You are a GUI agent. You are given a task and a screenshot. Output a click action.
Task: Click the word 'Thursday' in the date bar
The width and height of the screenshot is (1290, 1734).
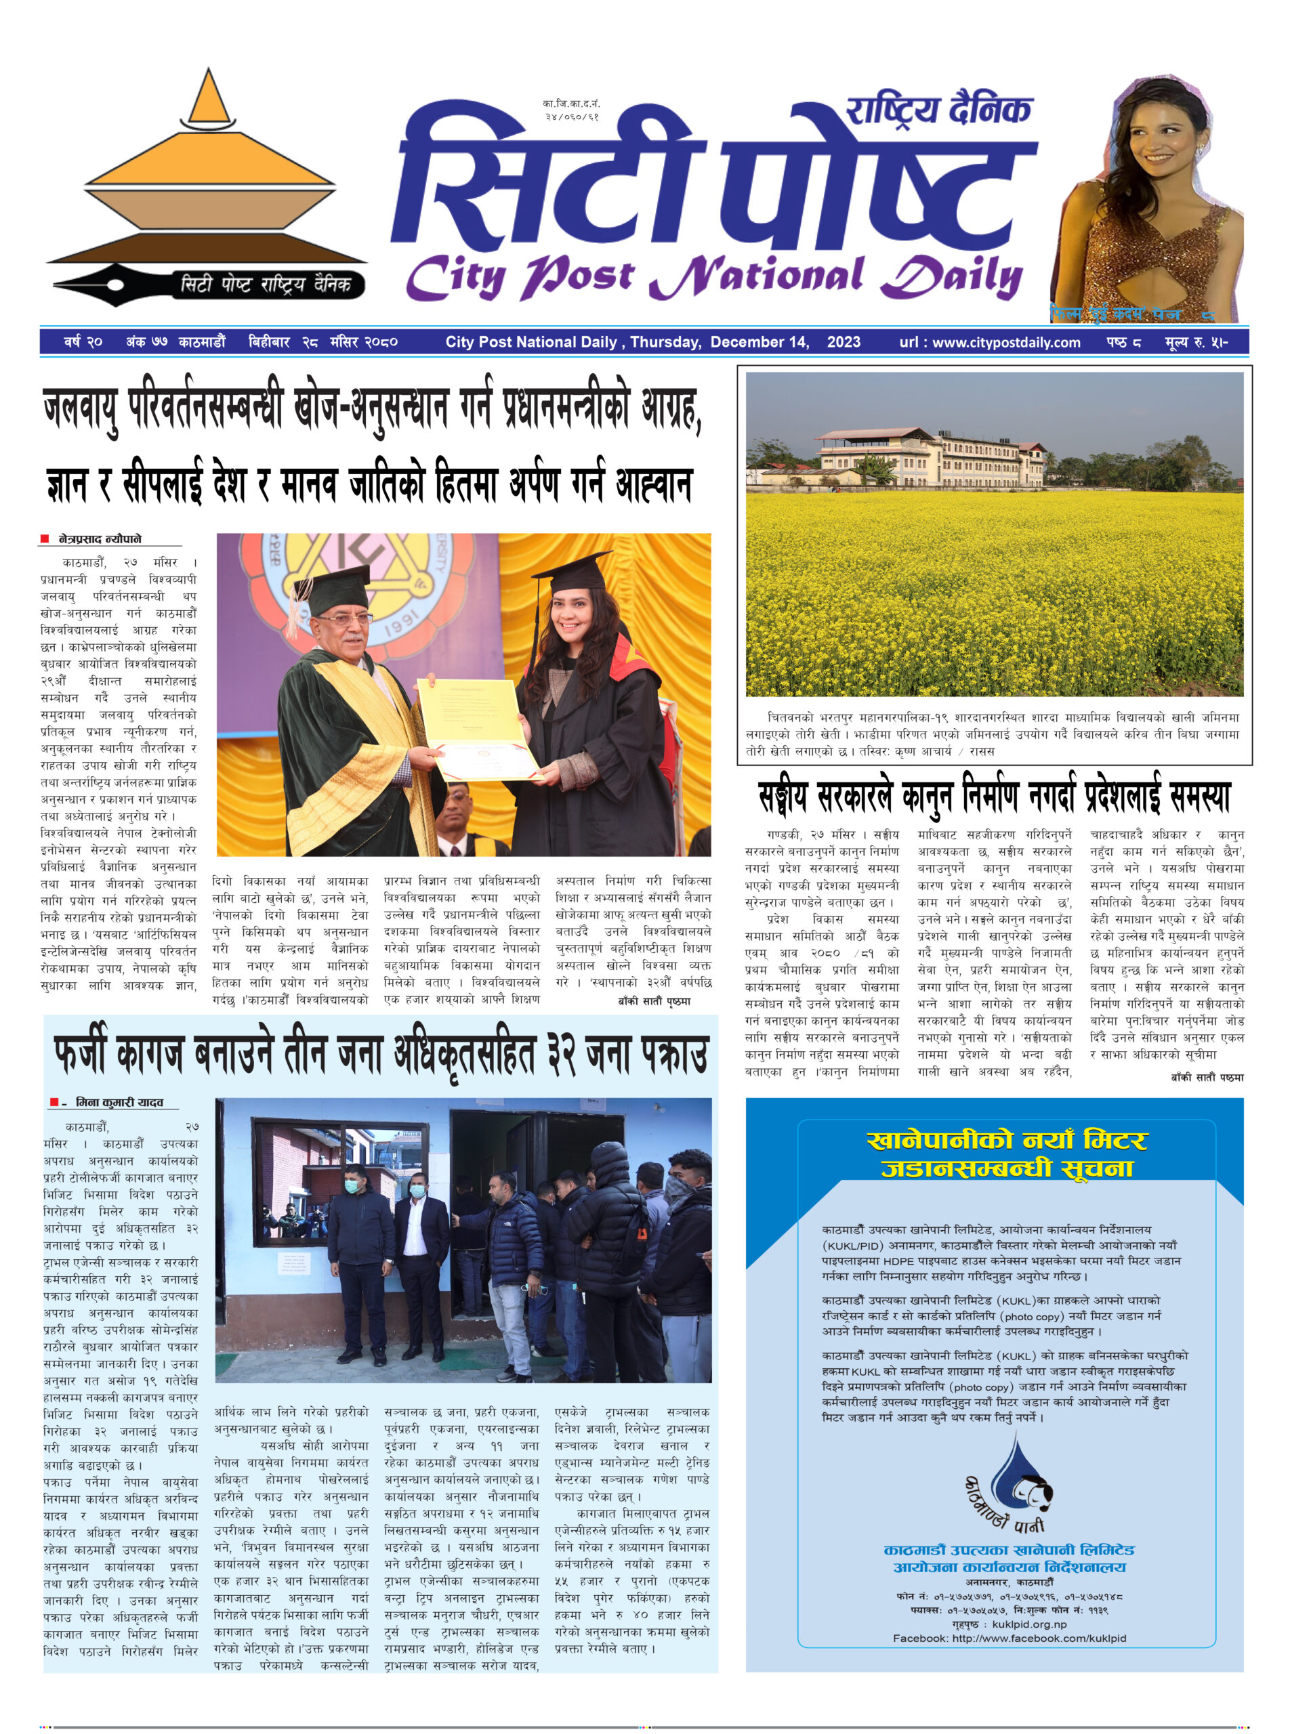pyautogui.click(x=665, y=342)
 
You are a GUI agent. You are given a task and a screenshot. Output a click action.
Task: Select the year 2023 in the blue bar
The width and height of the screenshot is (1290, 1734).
pyautogui.click(x=844, y=342)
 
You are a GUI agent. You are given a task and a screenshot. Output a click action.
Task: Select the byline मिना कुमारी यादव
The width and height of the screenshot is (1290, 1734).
pyautogui.click(x=119, y=1103)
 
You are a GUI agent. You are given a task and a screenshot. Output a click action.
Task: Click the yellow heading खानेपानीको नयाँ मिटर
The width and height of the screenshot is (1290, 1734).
pyautogui.click(x=1007, y=1141)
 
